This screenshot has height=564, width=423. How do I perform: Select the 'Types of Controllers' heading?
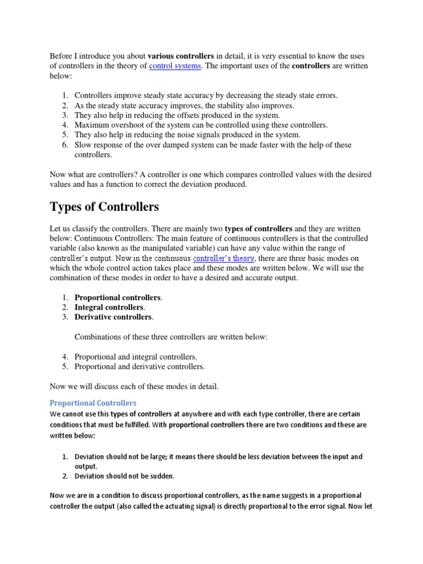105,207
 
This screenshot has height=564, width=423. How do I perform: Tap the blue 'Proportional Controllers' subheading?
93,403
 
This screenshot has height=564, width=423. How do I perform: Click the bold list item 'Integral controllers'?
109,307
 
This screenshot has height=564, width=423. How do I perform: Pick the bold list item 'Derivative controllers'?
113,317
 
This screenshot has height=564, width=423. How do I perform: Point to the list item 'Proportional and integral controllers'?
135,357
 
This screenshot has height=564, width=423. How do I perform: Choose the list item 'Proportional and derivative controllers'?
139,366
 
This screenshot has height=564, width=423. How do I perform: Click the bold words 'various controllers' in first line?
181,56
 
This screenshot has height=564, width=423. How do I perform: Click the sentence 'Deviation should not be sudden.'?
124,476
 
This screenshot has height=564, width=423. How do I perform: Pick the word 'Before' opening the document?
61,56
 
